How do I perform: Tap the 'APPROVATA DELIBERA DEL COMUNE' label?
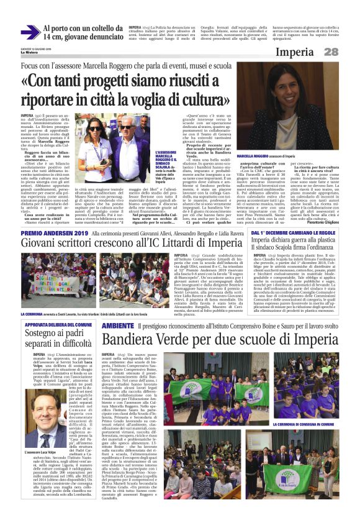[x=59, y=324]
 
